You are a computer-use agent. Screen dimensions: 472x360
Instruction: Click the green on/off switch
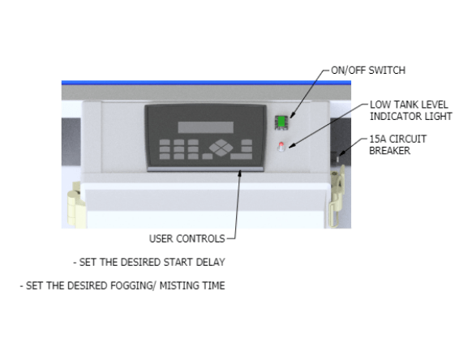(281, 122)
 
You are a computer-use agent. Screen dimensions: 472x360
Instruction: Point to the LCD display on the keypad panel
(206, 127)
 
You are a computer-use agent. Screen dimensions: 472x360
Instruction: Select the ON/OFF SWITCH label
(368, 71)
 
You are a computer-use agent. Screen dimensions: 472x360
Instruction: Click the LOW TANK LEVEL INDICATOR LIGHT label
(411, 110)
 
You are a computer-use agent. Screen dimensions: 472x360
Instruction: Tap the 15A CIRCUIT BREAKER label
(397, 145)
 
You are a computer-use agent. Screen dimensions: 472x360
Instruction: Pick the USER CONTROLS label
(187, 238)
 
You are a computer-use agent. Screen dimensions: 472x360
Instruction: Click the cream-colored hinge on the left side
(75, 204)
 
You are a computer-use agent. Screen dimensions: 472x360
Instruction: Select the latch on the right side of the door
(337, 195)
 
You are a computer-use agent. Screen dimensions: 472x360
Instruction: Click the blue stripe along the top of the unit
(206, 83)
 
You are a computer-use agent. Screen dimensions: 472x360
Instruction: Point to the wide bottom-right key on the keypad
(242, 156)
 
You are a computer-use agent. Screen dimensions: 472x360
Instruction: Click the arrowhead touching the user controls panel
(240, 173)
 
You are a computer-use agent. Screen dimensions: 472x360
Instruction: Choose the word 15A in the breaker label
(377, 139)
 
